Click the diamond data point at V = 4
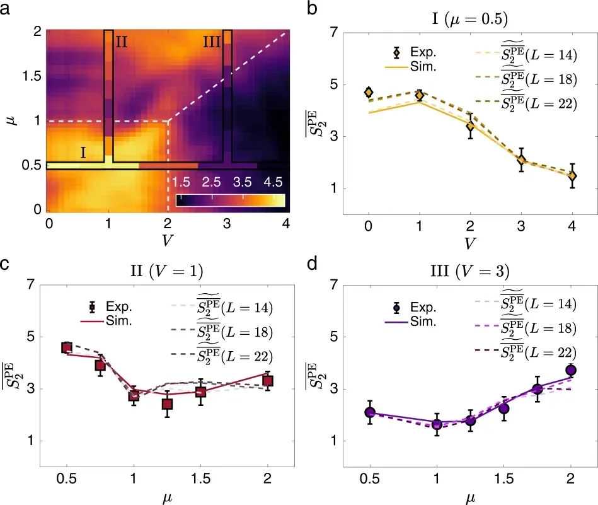[572, 176]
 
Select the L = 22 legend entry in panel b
[538, 103]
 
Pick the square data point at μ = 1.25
[167, 404]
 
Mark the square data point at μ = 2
[267, 380]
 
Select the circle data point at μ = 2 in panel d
[571, 370]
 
